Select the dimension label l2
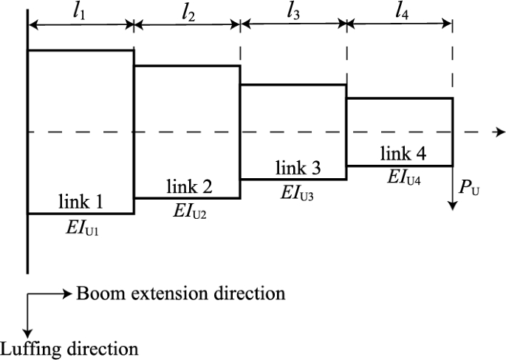point(185,12)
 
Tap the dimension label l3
point(293,12)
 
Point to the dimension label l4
point(400,12)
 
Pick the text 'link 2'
point(188,187)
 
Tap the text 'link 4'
point(403,154)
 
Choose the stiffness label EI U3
point(298,191)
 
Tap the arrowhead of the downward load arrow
point(453,206)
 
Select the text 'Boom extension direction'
point(180,293)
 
